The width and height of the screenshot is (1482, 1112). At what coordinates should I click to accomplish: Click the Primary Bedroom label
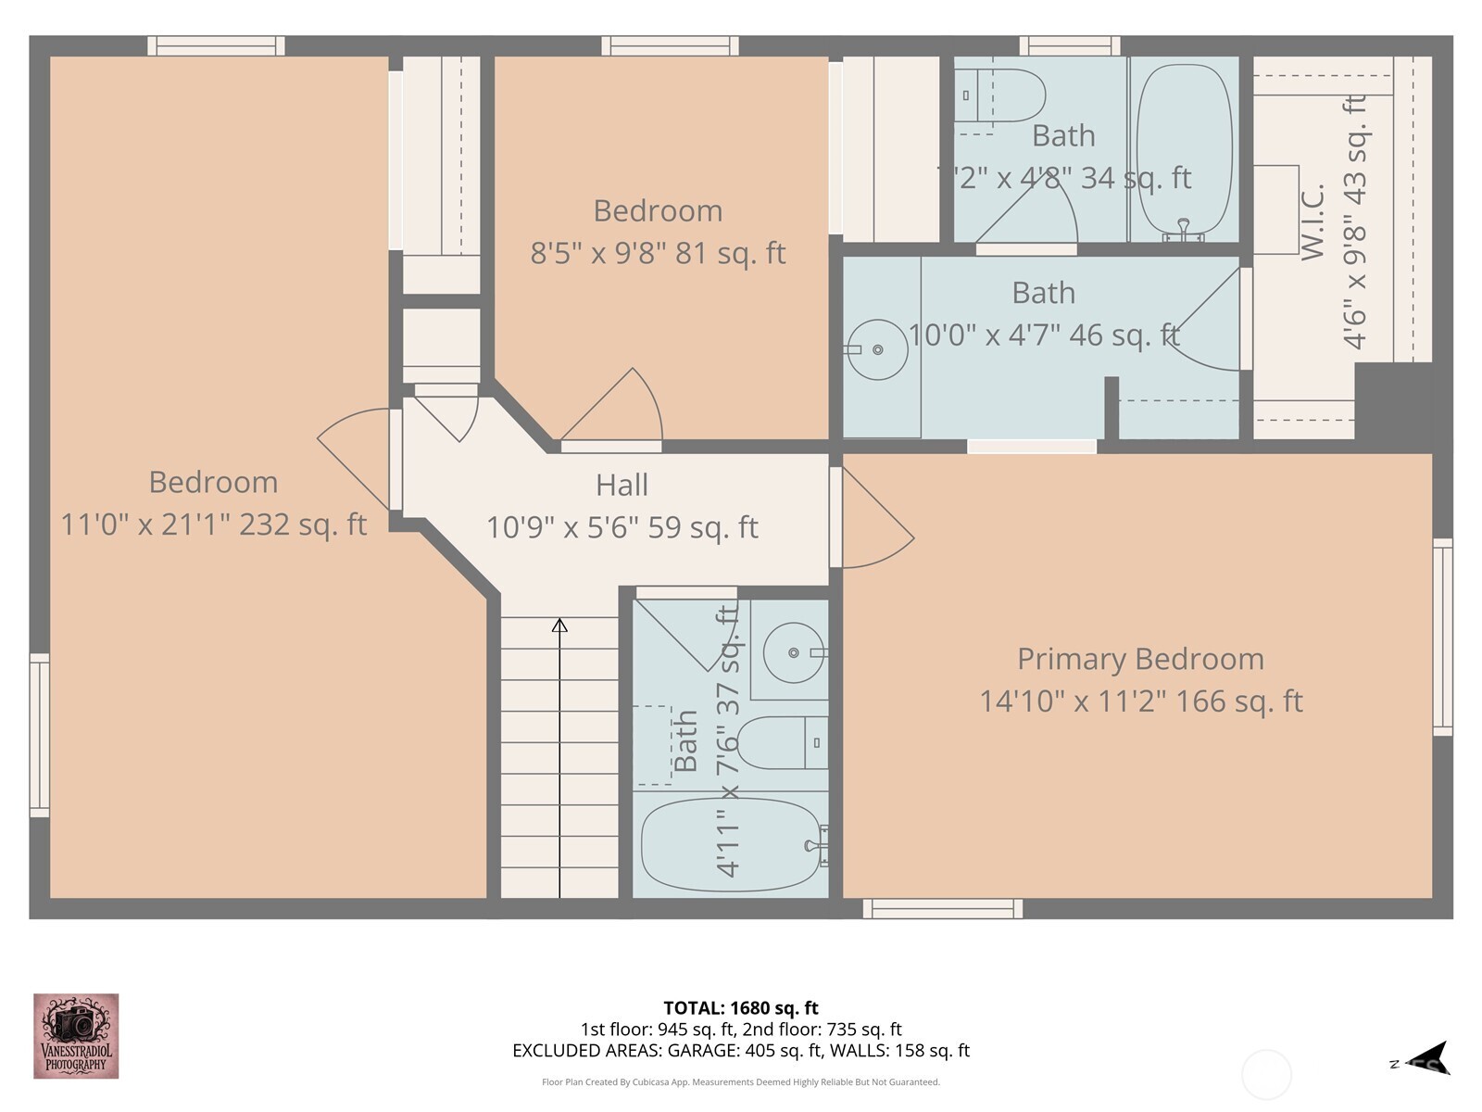click(1140, 659)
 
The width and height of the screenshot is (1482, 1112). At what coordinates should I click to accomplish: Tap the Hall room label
click(622, 485)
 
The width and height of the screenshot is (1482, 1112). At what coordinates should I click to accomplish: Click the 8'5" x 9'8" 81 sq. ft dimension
click(658, 252)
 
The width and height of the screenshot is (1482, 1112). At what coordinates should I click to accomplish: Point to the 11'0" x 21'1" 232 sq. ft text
click(213, 524)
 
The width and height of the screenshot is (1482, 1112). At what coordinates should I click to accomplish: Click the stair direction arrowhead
click(559, 626)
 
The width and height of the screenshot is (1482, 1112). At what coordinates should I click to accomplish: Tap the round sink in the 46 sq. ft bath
click(877, 349)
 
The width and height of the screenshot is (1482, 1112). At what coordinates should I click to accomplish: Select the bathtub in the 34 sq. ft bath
click(1184, 148)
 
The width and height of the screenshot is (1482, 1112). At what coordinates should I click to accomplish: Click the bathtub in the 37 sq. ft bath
click(731, 844)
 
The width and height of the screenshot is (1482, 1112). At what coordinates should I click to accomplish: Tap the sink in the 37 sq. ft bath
click(794, 653)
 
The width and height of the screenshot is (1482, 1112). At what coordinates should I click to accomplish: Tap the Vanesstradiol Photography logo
click(76, 1036)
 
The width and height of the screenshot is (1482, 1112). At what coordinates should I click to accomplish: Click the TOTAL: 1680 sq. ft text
click(741, 1007)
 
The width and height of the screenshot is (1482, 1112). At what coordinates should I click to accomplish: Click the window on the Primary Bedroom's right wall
click(1442, 637)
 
